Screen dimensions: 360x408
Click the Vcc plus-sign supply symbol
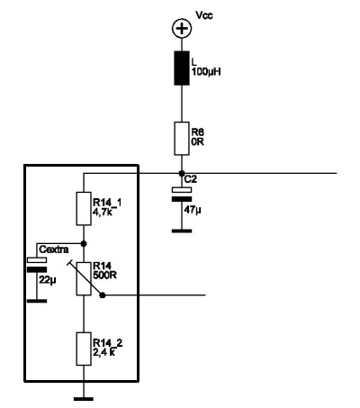pyautogui.click(x=182, y=29)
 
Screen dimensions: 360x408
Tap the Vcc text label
pyautogui.click(x=204, y=15)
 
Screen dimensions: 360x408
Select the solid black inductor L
pyautogui.click(x=182, y=68)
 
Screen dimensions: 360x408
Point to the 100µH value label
pyautogui.click(x=206, y=72)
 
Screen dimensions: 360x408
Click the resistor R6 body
pyautogui.click(x=182, y=139)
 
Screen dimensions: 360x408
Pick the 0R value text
pyautogui.click(x=198, y=141)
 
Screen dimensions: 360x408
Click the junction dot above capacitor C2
pyautogui.click(x=182, y=173)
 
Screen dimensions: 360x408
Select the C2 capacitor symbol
pyautogui.click(x=182, y=195)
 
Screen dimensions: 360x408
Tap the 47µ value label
pyautogui.click(x=193, y=210)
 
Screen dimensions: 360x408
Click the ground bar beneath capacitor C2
pyautogui.click(x=182, y=231)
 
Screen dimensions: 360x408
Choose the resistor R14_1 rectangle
pyautogui.click(x=84, y=209)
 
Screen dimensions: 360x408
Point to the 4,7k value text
pyautogui.click(x=103, y=212)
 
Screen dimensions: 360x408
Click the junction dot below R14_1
pyautogui.click(x=84, y=243)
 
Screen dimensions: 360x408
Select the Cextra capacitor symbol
pyautogui.click(x=37, y=265)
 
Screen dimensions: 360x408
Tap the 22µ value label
pyautogui.click(x=48, y=280)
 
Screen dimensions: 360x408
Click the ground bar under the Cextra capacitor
pyautogui.click(x=37, y=301)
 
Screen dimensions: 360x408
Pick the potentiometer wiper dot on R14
pyautogui.click(x=103, y=295)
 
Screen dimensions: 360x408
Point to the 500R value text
pyautogui.click(x=105, y=275)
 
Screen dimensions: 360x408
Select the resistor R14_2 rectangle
pyautogui.click(x=84, y=349)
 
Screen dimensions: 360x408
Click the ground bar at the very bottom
pyautogui.click(x=84, y=399)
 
